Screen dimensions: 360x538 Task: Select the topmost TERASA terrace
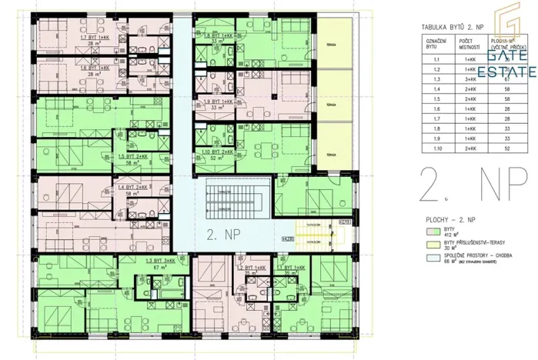(x=332, y=42)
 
